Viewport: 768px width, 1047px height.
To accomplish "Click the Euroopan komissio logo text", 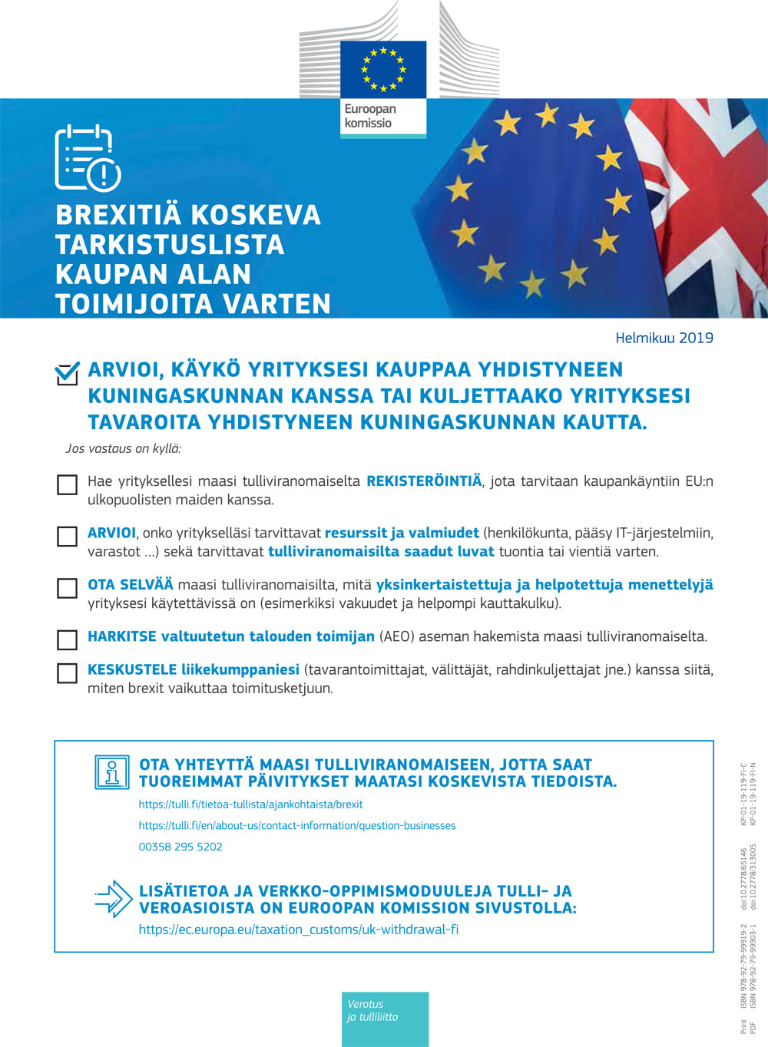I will pos(369,116).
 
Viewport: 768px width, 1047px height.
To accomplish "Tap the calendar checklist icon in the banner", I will pos(87,157).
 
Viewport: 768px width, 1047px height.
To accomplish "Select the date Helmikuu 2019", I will pos(664,338).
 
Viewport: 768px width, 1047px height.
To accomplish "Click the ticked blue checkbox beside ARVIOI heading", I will pos(68,373).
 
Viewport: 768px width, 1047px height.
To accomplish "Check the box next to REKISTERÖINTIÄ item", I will pos(68,484).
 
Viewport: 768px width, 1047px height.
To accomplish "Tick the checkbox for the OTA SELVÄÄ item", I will pos(68,588).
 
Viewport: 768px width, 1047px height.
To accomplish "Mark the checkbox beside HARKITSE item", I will pos(68,639).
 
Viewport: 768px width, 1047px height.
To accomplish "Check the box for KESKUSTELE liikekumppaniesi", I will pos(68,673).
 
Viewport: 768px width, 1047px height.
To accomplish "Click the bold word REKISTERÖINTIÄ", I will pos(424,481).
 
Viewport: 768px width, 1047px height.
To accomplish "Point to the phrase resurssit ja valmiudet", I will pos(402,533).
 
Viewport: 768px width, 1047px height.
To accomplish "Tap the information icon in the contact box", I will pos(112,772).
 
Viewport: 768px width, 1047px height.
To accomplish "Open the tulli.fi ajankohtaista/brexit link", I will pos(250,804).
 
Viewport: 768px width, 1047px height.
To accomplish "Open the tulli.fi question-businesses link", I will pos(297,826).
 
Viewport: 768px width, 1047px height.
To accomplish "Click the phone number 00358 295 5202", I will pos(180,847).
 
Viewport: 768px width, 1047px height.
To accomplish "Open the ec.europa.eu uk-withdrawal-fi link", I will pos(299,930).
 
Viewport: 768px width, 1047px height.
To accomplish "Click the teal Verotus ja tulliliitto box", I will pos(385,1019).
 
